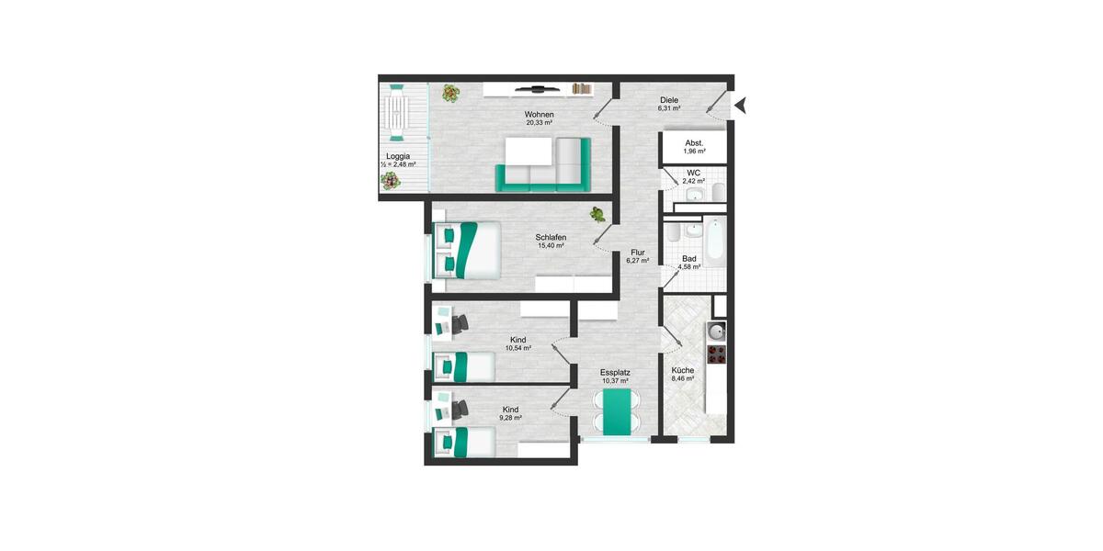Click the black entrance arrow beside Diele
(x=741, y=107)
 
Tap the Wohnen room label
(x=539, y=113)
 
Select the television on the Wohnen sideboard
(x=536, y=89)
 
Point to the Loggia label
(x=398, y=156)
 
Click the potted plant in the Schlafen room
(x=597, y=214)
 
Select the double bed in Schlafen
(x=469, y=250)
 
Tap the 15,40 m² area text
(x=551, y=246)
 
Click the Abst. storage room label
(x=694, y=143)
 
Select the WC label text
(x=694, y=173)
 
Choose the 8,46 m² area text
(x=682, y=378)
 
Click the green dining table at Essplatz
(x=616, y=410)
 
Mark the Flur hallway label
(x=638, y=252)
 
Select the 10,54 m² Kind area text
(x=519, y=349)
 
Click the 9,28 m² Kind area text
(x=510, y=418)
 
